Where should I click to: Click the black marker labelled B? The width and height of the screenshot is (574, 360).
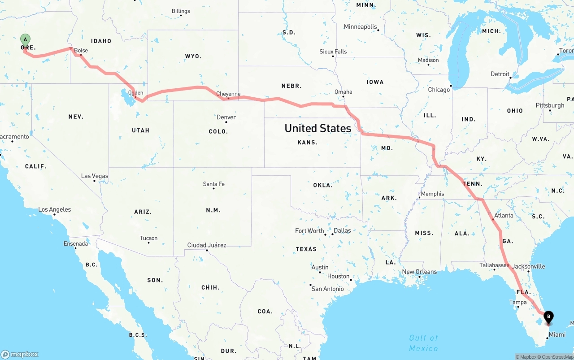[548, 317]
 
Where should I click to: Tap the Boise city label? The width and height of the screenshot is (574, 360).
[81, 51]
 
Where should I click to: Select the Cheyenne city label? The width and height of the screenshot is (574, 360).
[228, 94]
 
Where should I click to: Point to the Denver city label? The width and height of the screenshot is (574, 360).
[226, 117]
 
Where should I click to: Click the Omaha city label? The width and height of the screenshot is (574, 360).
[344, 92]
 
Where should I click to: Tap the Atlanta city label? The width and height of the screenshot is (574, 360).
[504, 215]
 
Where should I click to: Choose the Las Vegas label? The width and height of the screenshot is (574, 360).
[95, 176]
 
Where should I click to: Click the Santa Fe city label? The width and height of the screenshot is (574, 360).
[213, 184]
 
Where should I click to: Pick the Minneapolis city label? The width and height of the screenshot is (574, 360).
[360, 26]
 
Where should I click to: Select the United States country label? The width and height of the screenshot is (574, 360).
[318, 128]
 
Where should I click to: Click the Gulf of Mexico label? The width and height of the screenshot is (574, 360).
[423, 343]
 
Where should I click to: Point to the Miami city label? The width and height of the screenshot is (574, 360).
[557, 334]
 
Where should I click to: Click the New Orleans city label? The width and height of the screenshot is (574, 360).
[419, 272]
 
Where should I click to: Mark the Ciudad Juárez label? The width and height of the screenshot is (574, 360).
[207, 245]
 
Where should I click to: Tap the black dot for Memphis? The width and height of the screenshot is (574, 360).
[419, 198]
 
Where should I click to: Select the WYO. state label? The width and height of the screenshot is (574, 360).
[193, 56]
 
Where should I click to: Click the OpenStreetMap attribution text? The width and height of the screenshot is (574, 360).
[557, 357]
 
